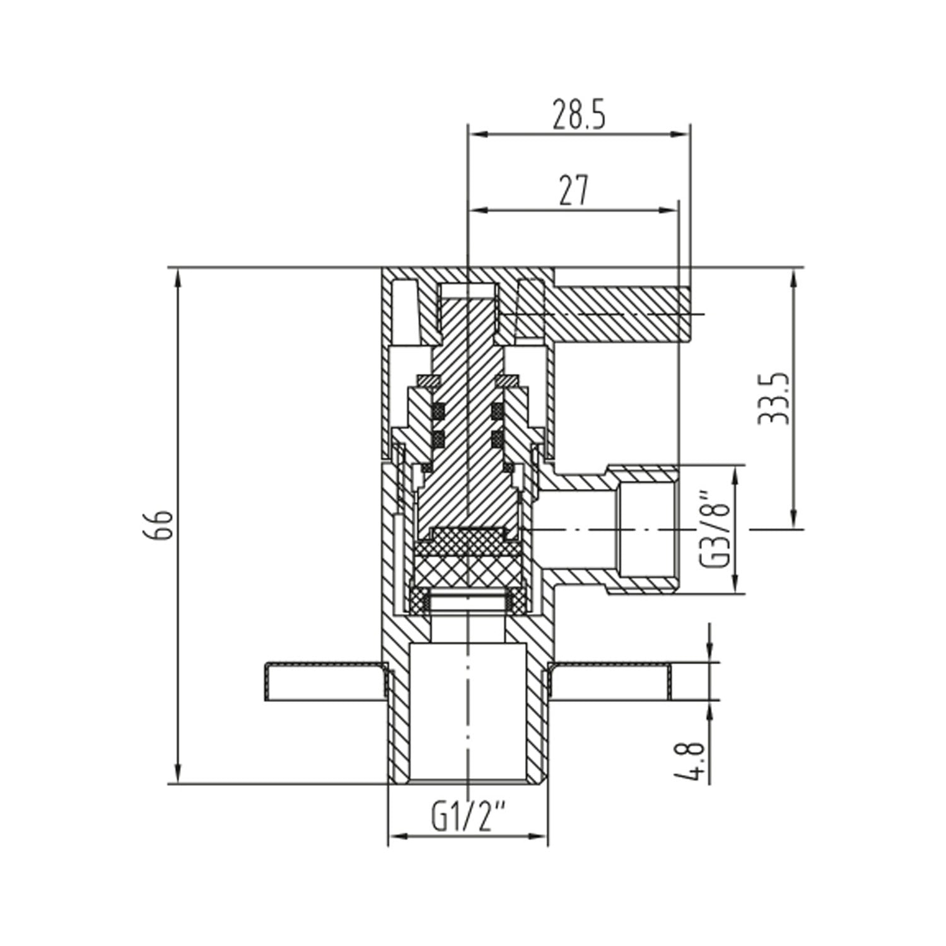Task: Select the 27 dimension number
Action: click(573, 190)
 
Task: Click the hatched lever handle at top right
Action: click(618, 313)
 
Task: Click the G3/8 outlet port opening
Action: click(646, 530)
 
